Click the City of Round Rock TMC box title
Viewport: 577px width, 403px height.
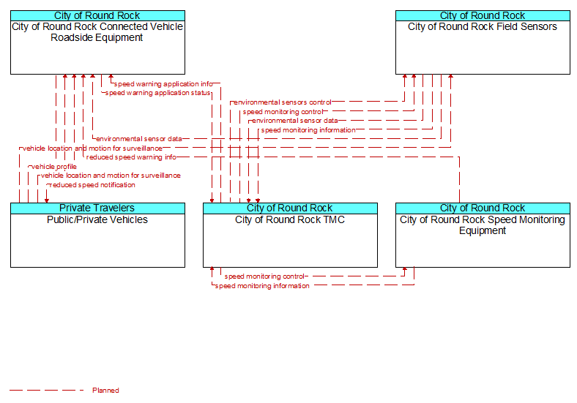[290, 219]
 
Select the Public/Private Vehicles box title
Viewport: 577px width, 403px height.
[97, 219]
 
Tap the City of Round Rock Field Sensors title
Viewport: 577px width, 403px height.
[483, 26]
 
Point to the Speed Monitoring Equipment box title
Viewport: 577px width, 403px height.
[483, 225]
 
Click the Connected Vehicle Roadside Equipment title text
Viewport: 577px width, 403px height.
[97, 32]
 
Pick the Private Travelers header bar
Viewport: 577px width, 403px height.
[97, 208]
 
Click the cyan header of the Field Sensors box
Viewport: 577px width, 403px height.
[483, 15]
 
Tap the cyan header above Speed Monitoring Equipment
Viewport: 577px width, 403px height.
[483, 208]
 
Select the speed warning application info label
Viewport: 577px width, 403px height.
[163, 84]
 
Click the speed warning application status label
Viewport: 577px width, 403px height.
[157, 93]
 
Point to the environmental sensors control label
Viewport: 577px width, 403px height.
[282, 102]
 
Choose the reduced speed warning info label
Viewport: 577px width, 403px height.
[131, 157]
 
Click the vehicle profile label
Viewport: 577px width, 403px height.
[54, 167]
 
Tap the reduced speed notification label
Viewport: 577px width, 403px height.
[92, 184]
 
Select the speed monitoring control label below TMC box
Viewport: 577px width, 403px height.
[264, 276]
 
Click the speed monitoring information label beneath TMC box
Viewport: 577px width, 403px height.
[262, 286]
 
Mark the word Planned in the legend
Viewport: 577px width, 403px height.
[105, 390]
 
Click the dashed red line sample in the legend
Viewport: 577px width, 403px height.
[47, 390]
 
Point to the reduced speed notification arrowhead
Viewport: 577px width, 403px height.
[47, 200]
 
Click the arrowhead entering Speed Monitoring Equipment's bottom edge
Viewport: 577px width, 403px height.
[405, 270]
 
